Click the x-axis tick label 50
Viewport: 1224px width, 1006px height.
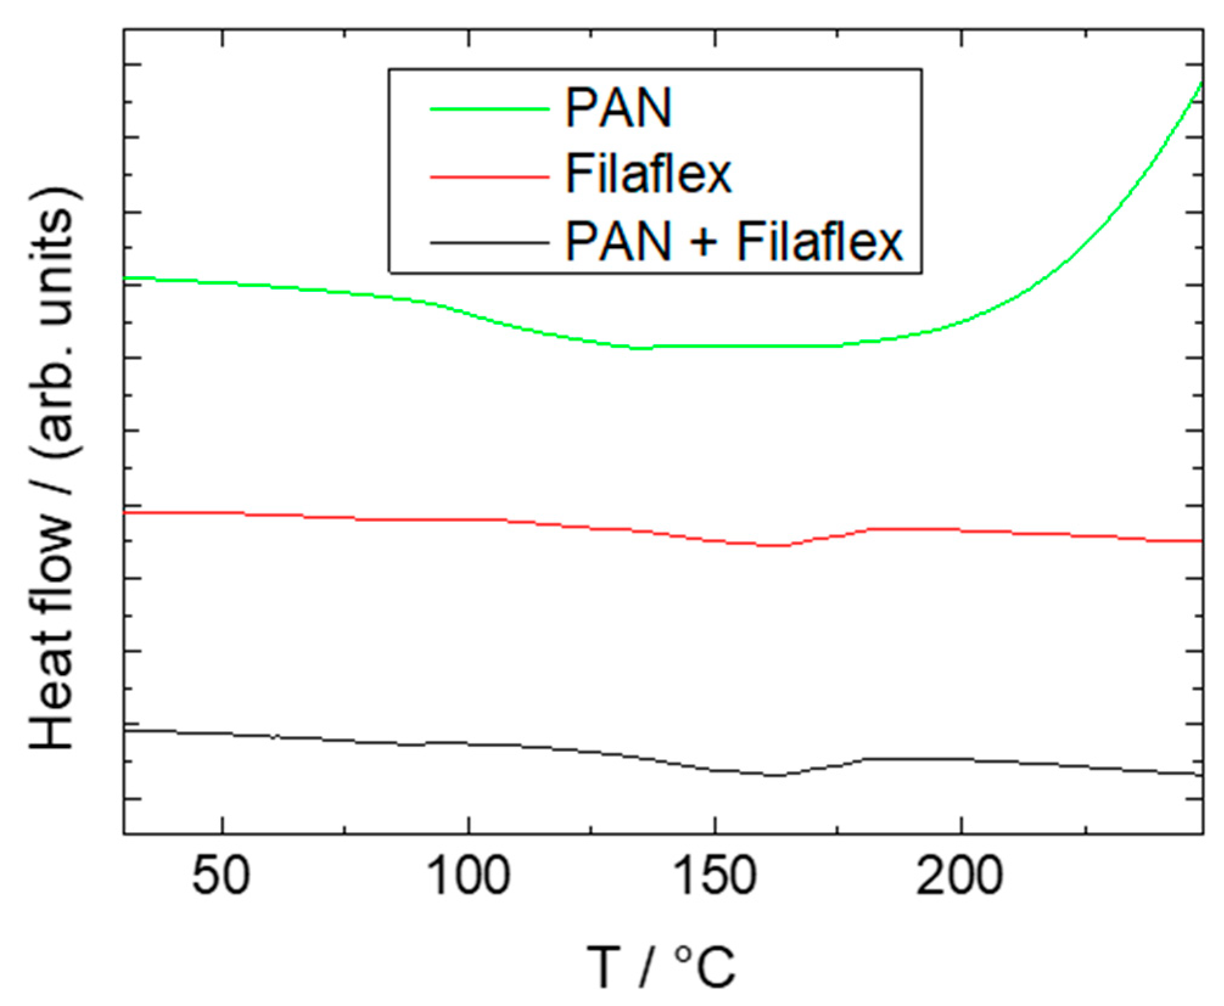click(221, 876)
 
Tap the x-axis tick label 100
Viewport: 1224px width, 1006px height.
click(469, 876)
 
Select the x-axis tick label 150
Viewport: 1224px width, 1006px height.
click(715, 876)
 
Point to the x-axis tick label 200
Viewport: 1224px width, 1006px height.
click(961, 876)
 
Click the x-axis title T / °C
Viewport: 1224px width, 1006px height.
click(661, 966)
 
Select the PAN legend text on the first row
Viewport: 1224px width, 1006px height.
click(619, 108)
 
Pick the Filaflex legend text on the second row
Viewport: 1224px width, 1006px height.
click(649, 175)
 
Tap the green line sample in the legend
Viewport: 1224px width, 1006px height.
click(490, 109)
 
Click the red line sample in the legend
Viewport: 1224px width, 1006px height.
click(490, 176)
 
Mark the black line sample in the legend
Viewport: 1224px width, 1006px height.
click(490, 243)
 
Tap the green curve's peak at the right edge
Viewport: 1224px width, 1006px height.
click(1201, 83)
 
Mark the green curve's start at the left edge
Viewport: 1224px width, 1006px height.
click(126, 277)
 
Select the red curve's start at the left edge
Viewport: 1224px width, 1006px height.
click(126, 513)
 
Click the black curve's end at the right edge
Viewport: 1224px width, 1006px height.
click(1201, 775)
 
